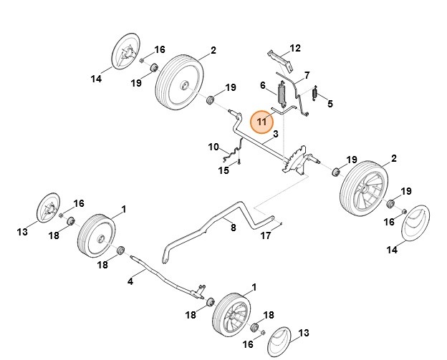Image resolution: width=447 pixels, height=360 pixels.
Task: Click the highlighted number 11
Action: (x=262, y=122)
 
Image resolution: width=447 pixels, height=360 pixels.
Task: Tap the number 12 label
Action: (x=295, y=49)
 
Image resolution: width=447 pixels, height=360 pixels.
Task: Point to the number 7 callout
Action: (x=307, y=75)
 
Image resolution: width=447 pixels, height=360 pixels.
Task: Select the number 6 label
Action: (x=263, y=86)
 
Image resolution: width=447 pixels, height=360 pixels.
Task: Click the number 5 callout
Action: (x=330, y=104)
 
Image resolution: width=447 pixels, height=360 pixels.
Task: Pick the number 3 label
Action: (x=275, y=134)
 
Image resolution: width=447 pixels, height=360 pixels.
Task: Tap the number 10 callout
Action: (x=213, y=147)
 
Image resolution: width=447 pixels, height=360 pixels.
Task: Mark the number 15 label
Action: (x=223, y=170)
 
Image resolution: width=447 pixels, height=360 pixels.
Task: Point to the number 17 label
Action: (x=266, y=235)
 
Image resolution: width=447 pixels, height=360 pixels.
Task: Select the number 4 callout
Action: (x=130, y=281)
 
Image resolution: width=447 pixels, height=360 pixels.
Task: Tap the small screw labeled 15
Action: (x=241, y=161)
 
